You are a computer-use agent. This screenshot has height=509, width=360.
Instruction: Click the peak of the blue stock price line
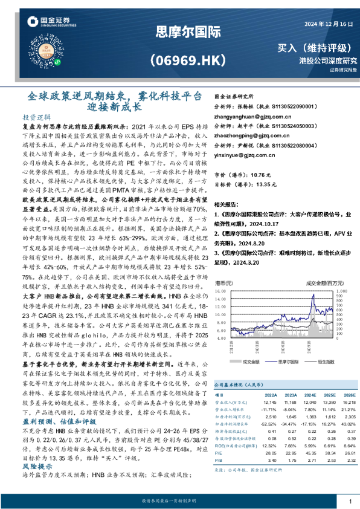click(x=313, y=298)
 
